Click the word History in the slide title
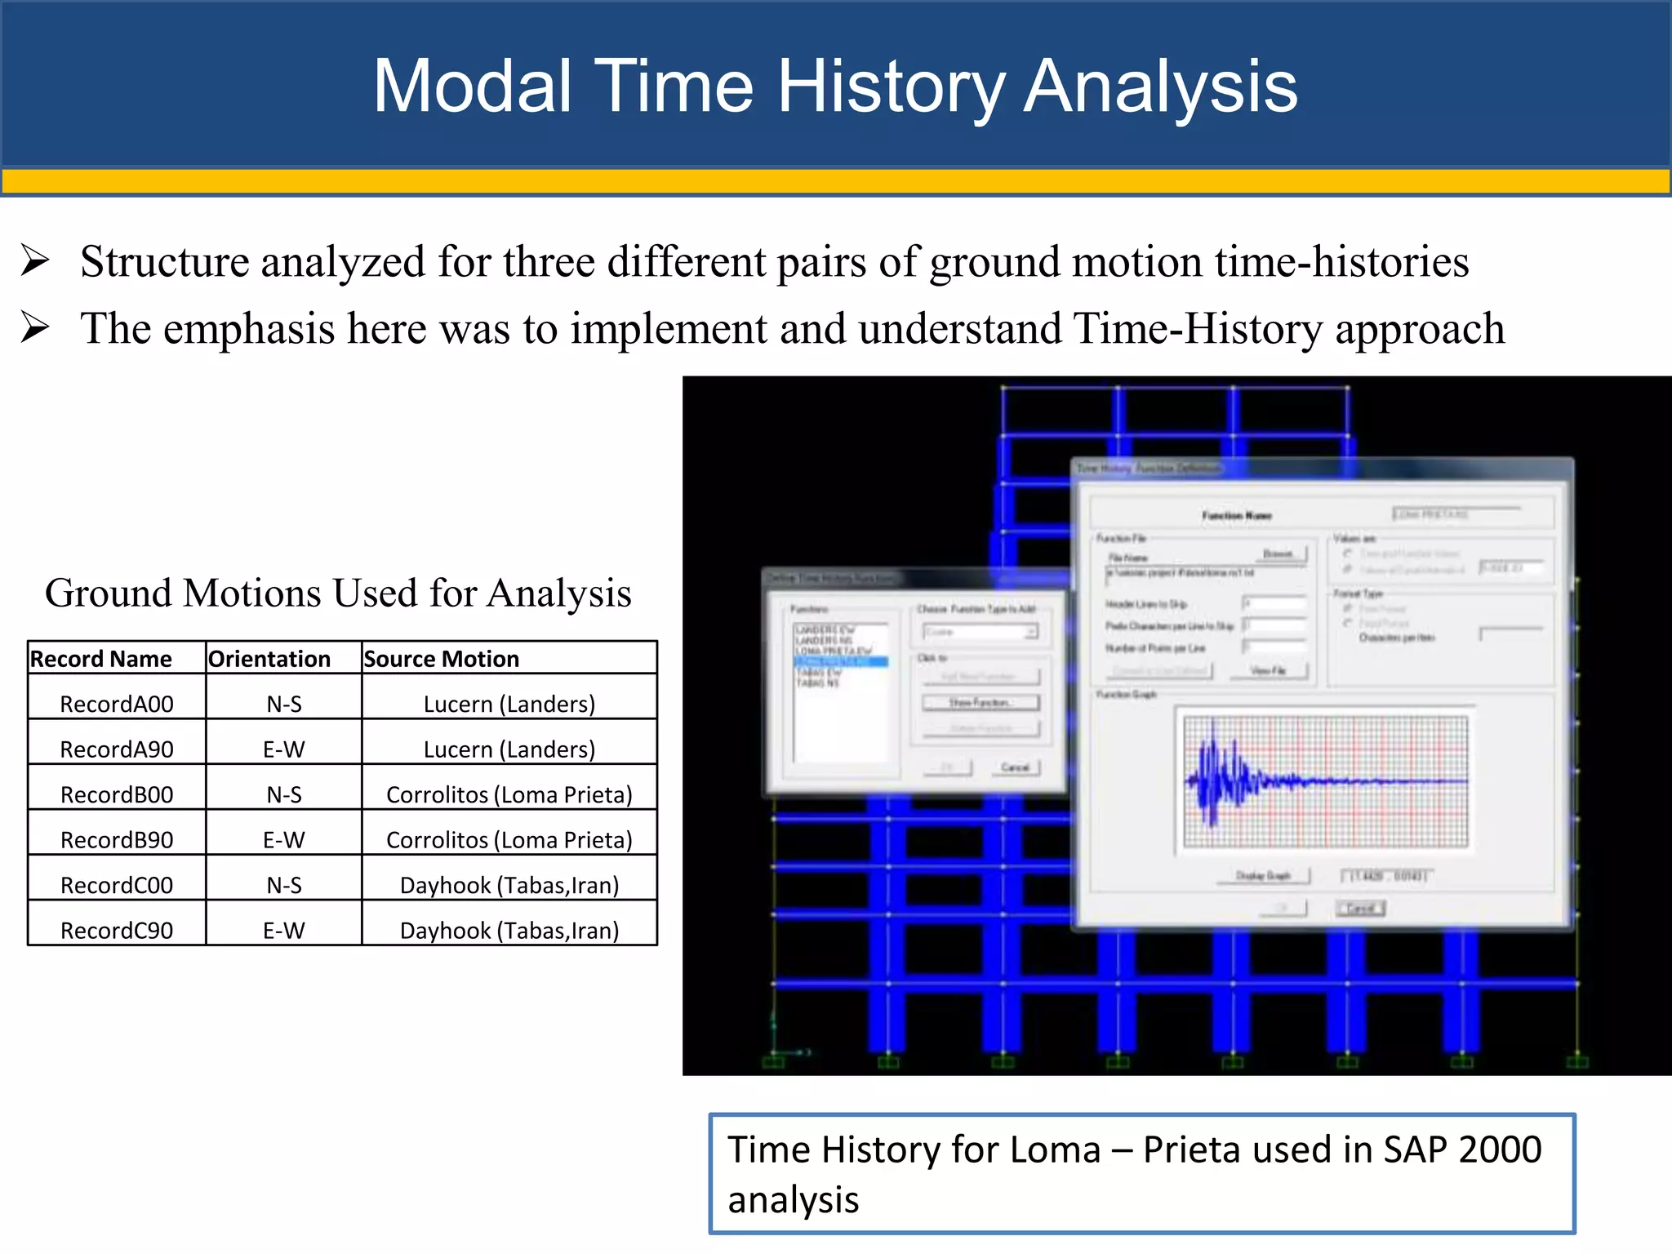pyautogui.click(x=890, y=87)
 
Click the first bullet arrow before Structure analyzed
pyautogui.click(x=35, y=261)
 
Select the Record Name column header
pyautogui.click(x=101, y=659)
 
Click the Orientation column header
pyautogui.click(x=269, y=659)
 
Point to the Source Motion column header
pyautogui.click(x=442, y=659)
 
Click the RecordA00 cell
pyautogui.click(x=117, y=704)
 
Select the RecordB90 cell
pyautogui.click(x=117, y=840)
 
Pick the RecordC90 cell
pyautogui.click(x=117, y=931)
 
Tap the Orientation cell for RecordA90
pyautogui.click(x=283, y=749)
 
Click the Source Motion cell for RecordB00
pyautogui.click(x=509, y=794)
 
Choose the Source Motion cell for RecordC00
pyautogui.click(x=509, y=885)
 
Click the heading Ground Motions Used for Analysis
pyautogui.click(x=338, y=594)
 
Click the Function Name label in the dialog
pyautogui.click(x=1236, y=516)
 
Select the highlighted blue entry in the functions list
pyautogui.click(x=841, y=662)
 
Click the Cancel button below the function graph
pyautogui.click(x=1360, y=909)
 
